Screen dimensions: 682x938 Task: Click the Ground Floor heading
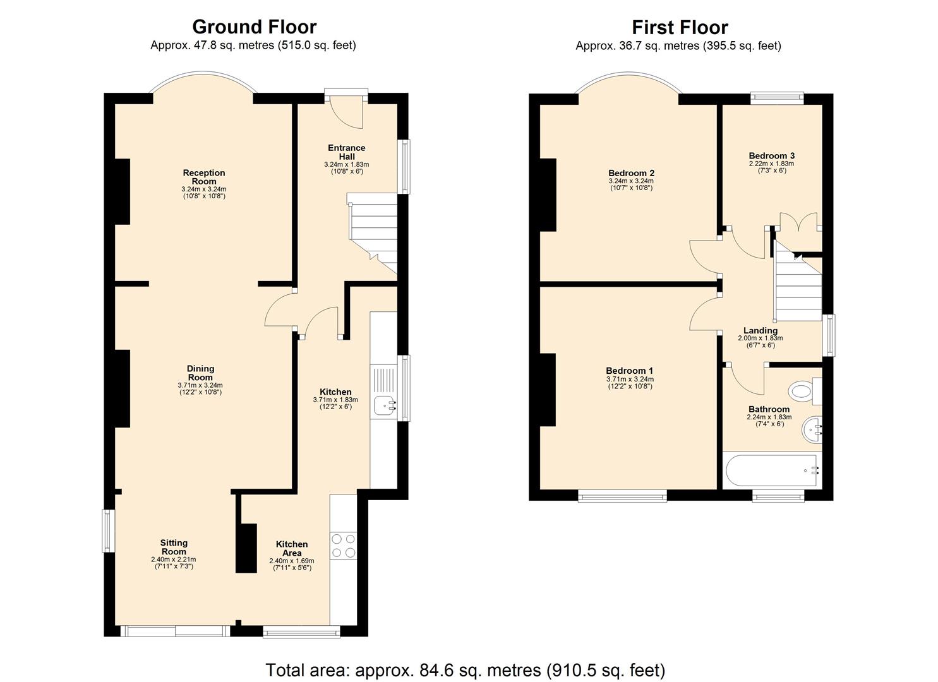pos(254,27)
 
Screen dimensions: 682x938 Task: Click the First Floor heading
pos(680,27)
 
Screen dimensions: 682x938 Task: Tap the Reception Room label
pos(203,177)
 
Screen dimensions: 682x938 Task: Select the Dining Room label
pos(200,373)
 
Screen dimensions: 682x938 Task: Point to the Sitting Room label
pos(174,547)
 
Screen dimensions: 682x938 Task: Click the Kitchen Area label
pos(292,548)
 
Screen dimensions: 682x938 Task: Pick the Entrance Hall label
pos(346,152)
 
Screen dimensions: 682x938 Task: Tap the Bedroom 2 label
pos(631,173)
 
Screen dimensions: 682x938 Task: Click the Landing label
pos(760,330)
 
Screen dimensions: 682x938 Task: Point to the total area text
pos(466,670)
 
